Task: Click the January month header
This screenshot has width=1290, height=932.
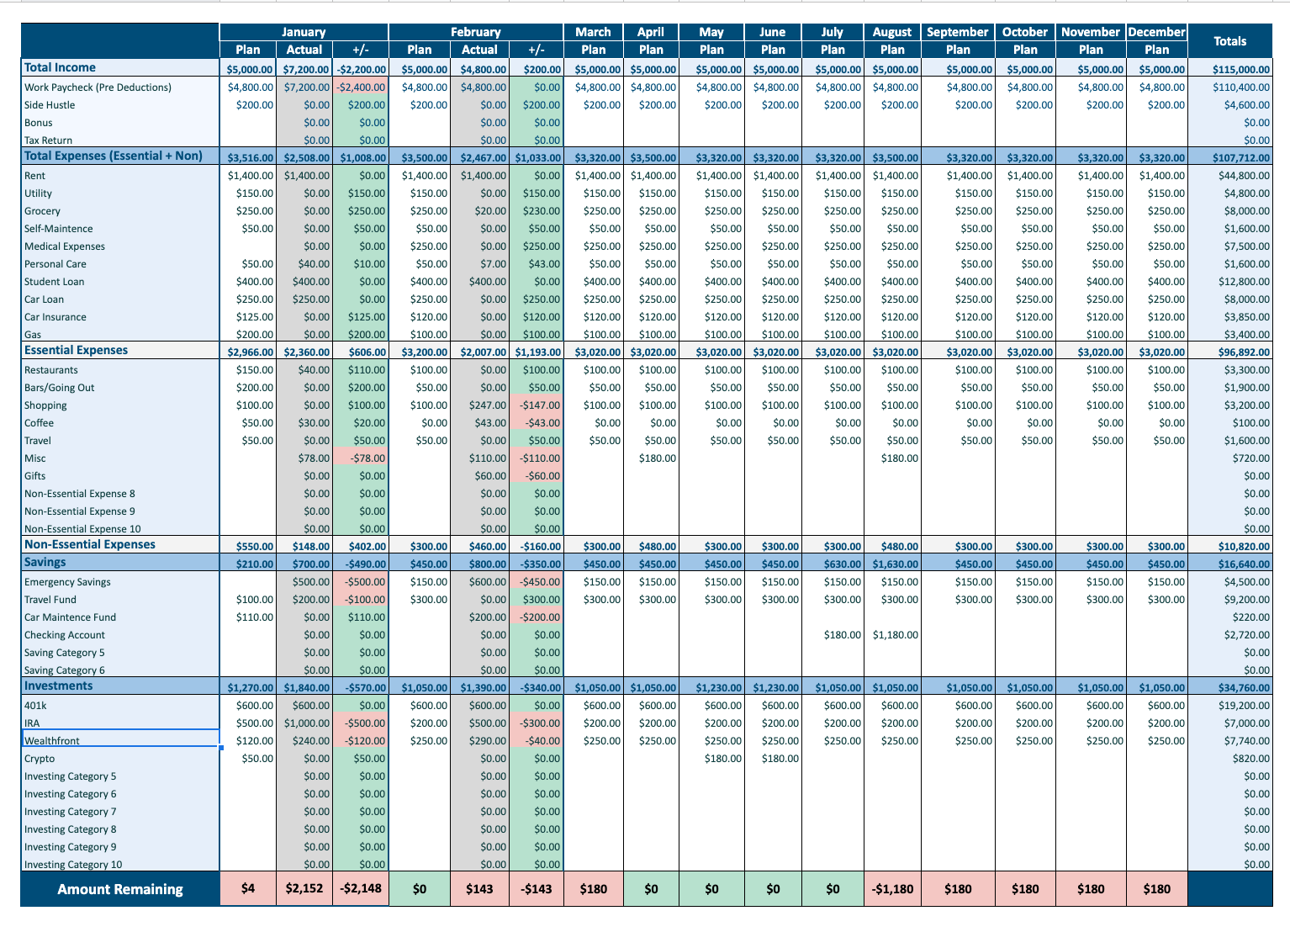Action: click(x=304, y=32)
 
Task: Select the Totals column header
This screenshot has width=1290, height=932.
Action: click(x=1229, y=41)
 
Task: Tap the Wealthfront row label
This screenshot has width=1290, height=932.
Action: click(x=52, y=741)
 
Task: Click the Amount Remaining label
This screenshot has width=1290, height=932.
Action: click(x=119, y=889)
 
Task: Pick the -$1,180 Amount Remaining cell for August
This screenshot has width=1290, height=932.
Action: click(x=892, y=889)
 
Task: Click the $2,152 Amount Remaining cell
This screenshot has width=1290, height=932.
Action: click(x=304, y=889)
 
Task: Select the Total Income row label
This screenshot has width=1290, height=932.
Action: click(x=60, y=67)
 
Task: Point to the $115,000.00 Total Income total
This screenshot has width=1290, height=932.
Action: click(x=1241, y=70)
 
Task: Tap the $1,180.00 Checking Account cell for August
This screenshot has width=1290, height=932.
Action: click(x=896, y=635)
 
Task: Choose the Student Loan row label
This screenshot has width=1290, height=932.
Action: click(x=54, y=282)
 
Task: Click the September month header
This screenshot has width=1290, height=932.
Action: click(x=957, y=32)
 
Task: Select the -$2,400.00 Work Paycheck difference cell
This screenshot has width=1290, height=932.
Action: click(x=361, y=87)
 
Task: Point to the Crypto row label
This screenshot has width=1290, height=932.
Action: click(x=40, y=759)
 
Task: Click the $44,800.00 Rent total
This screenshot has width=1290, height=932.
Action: click(x=1244, y=176)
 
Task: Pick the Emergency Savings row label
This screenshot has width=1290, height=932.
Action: click(x=67, y=582)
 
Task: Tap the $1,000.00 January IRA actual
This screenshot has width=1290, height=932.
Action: click(x=307, y=723)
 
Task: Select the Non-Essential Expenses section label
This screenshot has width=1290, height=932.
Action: click(x=90, y=544)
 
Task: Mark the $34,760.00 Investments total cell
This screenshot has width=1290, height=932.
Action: click(x=1244, y=688)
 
